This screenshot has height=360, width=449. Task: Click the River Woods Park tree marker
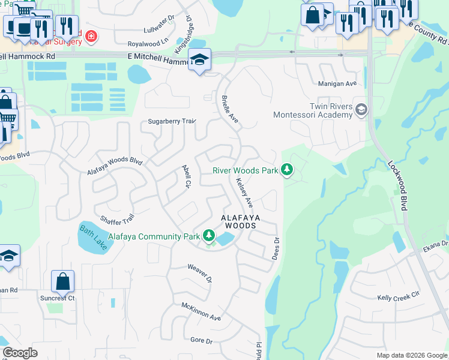coord(288,170)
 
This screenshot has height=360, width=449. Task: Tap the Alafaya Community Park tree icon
coord(209,236)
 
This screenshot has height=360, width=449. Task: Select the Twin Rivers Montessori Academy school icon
coord(361,109)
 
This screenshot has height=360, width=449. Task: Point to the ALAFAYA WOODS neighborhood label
coord(239,221)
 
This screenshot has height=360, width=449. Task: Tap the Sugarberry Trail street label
coord(172,122)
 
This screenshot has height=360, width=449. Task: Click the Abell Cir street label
coord(186,176)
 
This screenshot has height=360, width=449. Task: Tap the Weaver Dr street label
coord(200,272)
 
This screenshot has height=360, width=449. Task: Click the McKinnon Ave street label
coord(202,311)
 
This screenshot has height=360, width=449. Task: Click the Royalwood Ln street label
coord(148,44)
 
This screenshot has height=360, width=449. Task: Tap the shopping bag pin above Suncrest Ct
coord(62,281)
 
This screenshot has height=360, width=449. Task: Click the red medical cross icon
coord(91,37)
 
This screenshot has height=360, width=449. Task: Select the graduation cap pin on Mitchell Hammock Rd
coord(199,59)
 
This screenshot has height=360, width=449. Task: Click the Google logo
coord(20,353)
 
